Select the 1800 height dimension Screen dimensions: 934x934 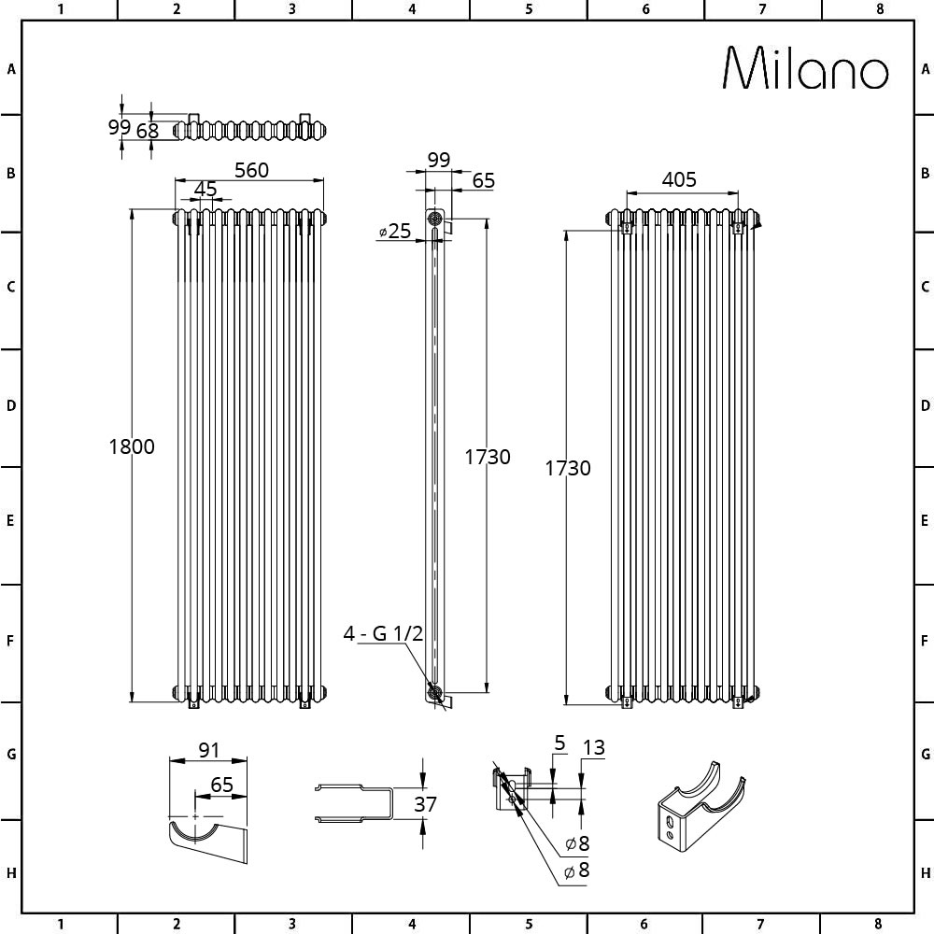pyautogui.click(x=132, y=446)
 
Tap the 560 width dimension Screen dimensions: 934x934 pyautogui.click(x=251, y=170)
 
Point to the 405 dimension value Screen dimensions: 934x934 pyautogui.click(x=679, y=179)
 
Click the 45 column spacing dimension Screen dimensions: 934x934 pyautogui.click(x=205, y=190)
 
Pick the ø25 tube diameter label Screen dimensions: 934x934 pyautogui.click(x=395, y=231)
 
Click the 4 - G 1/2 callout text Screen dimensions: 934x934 pyautogui.click(x=383, y=633)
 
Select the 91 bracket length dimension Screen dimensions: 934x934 pyautogui.click(x=209, y=751)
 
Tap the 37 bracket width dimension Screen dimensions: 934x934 pyautogui.click(x=425, y=804)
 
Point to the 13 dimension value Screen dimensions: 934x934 pyautogui.click(x=594, y=747)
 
